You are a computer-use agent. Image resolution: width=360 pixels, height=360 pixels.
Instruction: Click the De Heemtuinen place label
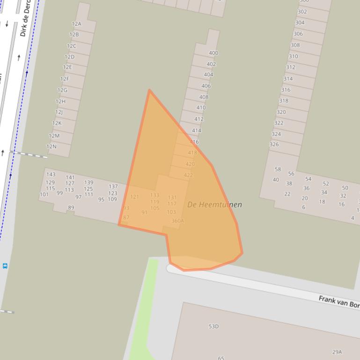[x=214, y=204]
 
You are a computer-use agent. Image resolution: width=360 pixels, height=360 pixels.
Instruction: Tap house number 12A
[x=76, y=23]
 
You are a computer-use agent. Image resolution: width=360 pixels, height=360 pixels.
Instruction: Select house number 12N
[x=51, y=146]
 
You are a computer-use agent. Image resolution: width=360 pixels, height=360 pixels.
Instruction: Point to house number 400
[x=213, y=53]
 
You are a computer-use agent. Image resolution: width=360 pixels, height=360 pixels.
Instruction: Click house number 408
[x=204, y=97]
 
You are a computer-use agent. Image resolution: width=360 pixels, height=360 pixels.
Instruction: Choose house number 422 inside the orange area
[x=188, y=175]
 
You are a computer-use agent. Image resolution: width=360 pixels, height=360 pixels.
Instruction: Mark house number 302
[x=302, y=12]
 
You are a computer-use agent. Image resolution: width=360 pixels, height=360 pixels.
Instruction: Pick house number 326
[x=274, y=144]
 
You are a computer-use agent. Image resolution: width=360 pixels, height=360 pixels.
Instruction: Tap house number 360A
[x=178, y=221]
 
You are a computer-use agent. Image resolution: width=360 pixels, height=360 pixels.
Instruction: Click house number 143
[x=51, y=174]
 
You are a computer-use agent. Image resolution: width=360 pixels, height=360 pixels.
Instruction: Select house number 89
[x=71, y=208]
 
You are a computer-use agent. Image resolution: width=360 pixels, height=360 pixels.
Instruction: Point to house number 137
[x=113, y=186]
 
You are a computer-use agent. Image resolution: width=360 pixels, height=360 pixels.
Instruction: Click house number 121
[x=134, y=197]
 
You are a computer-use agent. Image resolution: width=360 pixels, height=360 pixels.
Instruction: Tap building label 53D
[x=213, y=326]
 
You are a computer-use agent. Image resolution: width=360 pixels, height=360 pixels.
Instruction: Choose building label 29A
[x=337, y=352]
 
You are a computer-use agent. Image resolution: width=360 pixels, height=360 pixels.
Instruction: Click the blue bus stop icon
[x=5, y=266]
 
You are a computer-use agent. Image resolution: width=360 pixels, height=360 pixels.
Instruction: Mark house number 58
[x=278, y=169]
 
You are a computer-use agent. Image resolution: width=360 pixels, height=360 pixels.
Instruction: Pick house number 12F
[x=65, y=79]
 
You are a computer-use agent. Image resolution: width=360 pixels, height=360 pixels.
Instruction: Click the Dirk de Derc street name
[x=27, y=19]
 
